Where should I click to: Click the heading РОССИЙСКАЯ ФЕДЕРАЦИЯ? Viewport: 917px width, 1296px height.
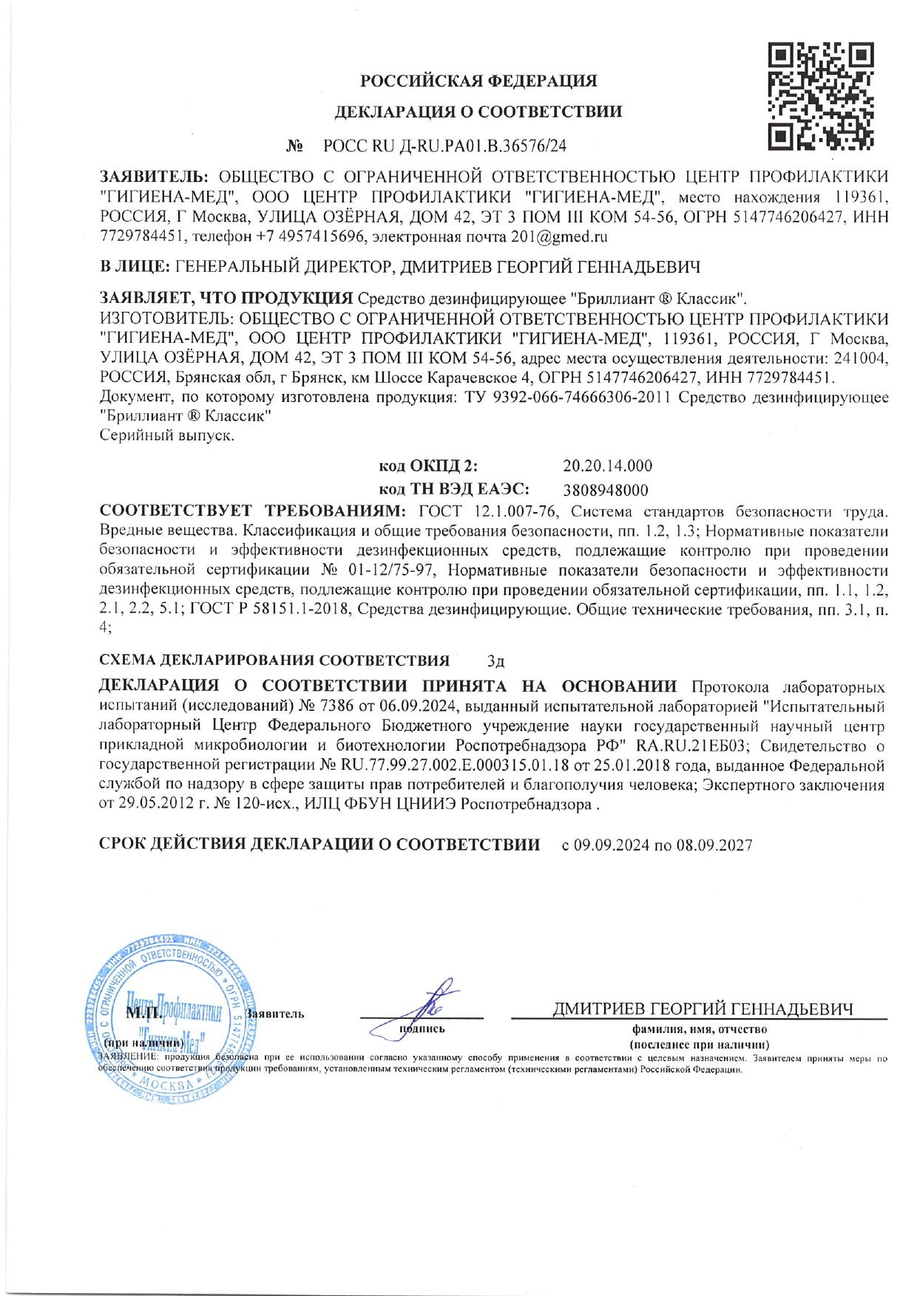[478, 81]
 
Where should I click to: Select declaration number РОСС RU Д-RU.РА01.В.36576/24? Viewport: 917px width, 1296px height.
[445, 146]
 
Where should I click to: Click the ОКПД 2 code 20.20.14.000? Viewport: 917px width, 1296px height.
[607, 465]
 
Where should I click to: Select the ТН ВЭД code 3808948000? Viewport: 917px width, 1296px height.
[605, 490]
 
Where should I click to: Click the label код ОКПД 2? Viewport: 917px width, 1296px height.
[427, 465]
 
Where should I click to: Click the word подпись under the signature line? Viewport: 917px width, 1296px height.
[422, 1029]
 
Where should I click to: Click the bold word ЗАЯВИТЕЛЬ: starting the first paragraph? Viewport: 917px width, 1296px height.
[155, 177]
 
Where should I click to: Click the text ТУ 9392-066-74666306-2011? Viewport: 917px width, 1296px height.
[567, 398]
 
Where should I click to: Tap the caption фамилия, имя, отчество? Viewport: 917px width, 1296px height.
[699, 1029]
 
